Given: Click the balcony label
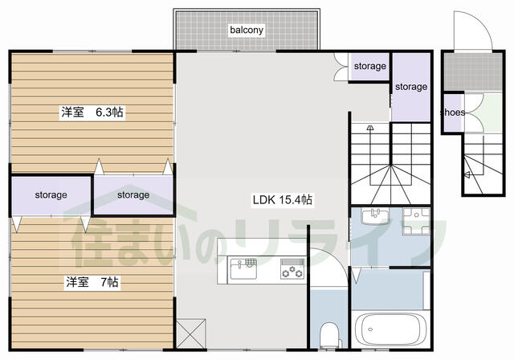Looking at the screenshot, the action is pos(247,30).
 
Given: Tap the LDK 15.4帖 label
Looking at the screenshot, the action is pos(282,199).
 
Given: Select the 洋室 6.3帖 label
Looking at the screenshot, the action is pos(92,112).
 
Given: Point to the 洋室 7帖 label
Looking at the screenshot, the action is pos(92,281).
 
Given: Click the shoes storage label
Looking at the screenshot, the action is pos(452,112).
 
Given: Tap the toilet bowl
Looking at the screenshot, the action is pos(329,334).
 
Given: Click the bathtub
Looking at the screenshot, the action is pos(387,329).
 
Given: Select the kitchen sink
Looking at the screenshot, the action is pos(243,268).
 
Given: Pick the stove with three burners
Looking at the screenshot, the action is pos(292,269).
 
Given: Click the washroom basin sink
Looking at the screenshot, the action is pos(375,216).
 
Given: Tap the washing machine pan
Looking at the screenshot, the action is pos(416,222).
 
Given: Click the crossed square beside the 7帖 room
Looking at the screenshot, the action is pos(191,333).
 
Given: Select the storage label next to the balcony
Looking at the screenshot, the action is pos(369,66).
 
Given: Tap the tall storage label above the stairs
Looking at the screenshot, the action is pos(411,87).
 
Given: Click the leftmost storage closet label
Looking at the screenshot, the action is pos(51,195).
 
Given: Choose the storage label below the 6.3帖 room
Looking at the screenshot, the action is pos(133,195).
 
